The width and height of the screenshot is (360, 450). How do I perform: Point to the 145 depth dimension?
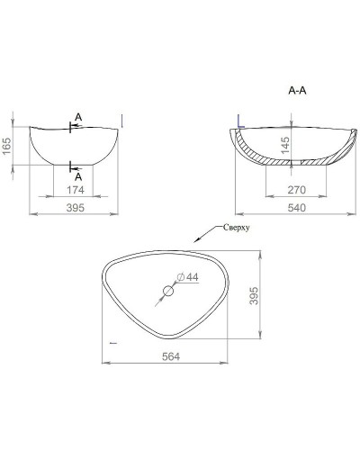pyautogui.click(x=286, y=144)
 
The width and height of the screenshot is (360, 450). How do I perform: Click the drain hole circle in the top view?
pyautogui.click(x=167, y=291)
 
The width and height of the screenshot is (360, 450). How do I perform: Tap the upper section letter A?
pyautogui.click(x=78, y=117)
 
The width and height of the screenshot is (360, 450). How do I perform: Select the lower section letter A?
pyautogui.click(x=78, y=176)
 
